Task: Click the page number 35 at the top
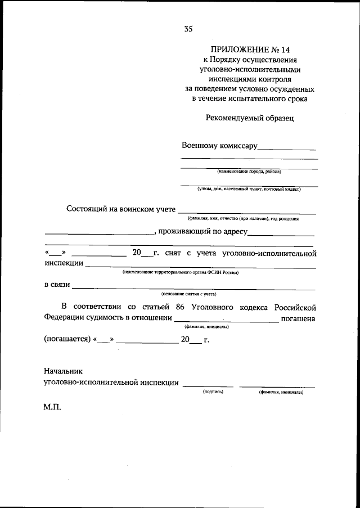[188, 29]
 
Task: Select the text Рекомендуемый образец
[250, 118]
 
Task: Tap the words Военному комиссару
[219, 146]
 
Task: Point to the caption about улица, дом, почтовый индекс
[249, 189]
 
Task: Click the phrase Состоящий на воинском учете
[121, 209]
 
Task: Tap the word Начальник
[62, 371]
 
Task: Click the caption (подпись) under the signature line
[213, 392]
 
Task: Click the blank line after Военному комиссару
[286, 149]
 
